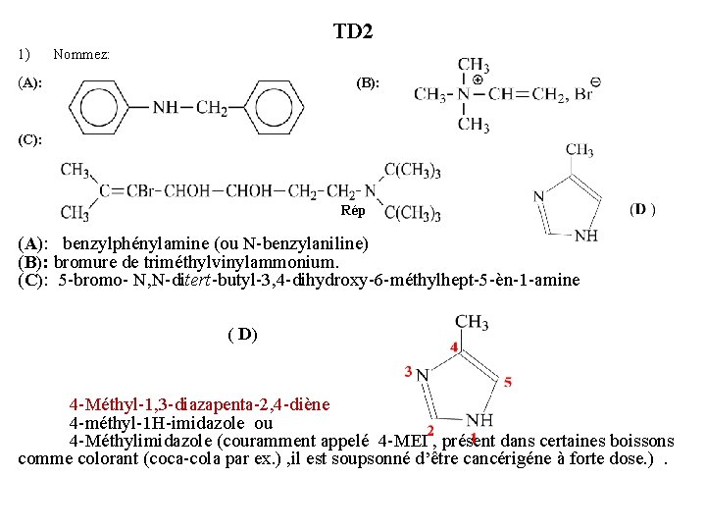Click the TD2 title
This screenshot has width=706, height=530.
[x=353, y=32]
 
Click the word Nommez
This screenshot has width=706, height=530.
[x=81, y=54]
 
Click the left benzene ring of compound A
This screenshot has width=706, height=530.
[x=104, y=106]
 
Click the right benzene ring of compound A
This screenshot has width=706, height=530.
[x=271, y=106]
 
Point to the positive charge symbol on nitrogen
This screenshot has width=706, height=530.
[x=477, y=79]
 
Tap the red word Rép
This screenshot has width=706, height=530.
[x=353, y=211]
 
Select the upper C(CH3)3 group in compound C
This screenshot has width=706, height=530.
[x=411, y=170]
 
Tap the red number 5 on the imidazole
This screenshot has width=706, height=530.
[x=507, y=382]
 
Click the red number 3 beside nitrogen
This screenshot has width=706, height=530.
[x=407, y=371]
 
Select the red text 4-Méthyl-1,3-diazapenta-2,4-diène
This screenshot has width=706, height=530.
[x=199, y=404]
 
